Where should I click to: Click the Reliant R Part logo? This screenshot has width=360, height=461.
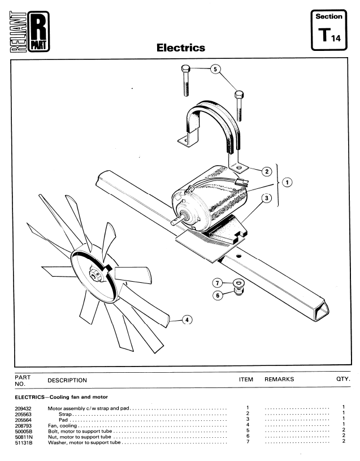tap(29, 32)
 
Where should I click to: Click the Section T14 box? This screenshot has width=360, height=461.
tap(329, 29)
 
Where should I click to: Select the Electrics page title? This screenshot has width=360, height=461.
tap(181, 48)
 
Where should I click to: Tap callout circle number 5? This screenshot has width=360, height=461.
tap(215, 69)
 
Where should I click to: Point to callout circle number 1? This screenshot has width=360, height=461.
tap(287, 182)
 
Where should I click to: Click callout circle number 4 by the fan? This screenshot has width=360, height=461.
tap(187, 320)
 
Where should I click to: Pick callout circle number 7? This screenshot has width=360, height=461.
tap(217, 283)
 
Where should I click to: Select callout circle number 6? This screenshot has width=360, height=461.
tap(218, 295)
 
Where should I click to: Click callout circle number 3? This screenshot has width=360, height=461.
tap(266, 198)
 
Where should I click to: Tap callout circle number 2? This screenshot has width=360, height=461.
tap(267, 171)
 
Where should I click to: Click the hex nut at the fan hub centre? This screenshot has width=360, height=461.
tap(96, 275)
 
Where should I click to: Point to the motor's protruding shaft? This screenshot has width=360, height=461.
tap(177, 220)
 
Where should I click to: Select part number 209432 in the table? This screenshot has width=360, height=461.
tap(23, 408)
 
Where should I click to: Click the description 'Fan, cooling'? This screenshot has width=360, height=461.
tap(62, 425)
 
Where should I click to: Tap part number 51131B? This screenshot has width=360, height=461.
tap(24, 442)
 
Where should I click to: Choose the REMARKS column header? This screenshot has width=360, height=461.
tap(279, 380)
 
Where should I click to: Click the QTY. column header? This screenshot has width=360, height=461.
tap(343, 379)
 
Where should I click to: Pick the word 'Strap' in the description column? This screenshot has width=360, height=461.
tap(65, 414)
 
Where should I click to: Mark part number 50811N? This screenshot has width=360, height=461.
tap(24, 437)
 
